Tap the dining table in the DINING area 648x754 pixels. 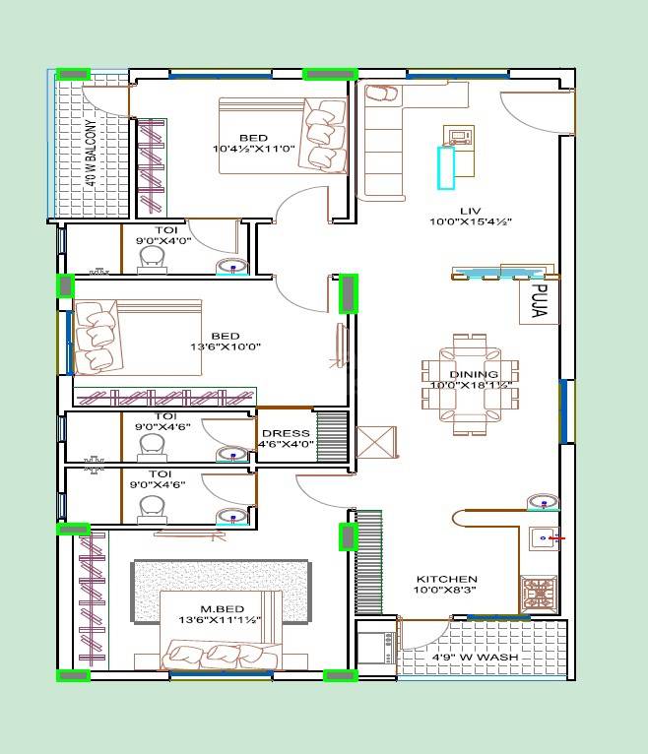469,385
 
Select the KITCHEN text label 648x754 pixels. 446,580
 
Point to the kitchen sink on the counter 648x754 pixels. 542,538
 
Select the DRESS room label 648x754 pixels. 286,433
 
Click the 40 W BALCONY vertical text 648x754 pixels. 91,154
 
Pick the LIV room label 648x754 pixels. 470,211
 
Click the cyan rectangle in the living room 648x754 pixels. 446,167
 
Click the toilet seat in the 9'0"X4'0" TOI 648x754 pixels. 152,258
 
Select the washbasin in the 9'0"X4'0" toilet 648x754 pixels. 232,266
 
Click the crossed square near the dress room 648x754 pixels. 376,442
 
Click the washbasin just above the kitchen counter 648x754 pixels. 541,502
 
